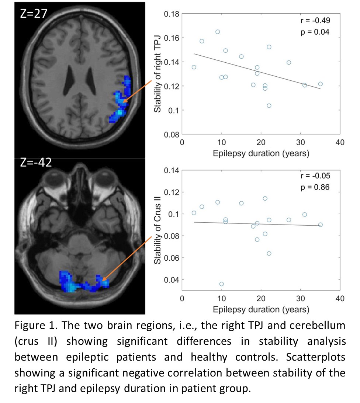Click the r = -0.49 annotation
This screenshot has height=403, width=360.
coord(315,21)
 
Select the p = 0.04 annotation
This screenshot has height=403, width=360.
coord(315,32)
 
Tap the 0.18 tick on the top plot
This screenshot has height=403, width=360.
coord(171,14)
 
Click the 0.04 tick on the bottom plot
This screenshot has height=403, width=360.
coord(171,279)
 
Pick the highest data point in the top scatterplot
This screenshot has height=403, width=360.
coord(218,32)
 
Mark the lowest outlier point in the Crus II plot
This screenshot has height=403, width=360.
coord(222,284)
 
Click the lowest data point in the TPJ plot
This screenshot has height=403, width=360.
coord(269,106)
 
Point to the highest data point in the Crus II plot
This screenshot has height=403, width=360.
coord(265,198)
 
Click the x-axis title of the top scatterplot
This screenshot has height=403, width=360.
coord(261,153)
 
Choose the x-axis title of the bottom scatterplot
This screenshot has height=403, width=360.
coord(261,309)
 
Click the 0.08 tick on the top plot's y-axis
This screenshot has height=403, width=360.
coord(171,135)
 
